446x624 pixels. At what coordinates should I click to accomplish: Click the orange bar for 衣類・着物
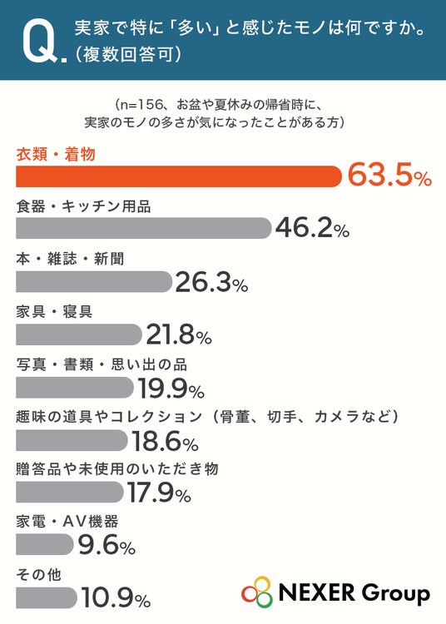(x=179, y=176)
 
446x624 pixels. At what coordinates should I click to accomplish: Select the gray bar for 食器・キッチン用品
(x=144, y=229)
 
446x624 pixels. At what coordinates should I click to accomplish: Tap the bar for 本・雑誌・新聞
(x=94, y=282)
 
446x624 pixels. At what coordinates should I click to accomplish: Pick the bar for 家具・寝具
(x=79, y=334)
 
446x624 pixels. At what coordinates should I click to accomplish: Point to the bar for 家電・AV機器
(x=45, y=544)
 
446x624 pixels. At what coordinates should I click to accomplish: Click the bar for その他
(x=47, y=597)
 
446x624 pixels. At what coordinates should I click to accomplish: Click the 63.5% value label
(x=390, y=175)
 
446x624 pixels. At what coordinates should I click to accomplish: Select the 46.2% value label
(x=313, y=228)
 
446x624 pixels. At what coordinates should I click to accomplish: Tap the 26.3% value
(x=211, y=282)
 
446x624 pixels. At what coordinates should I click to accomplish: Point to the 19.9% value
(x=171, y=388)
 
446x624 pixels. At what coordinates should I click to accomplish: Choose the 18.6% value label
(x=165, y=441)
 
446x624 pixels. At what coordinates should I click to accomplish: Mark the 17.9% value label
(x=159, y=493)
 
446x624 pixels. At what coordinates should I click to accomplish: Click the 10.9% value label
(x=116, y=597)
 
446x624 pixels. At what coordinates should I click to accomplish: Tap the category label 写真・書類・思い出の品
(x=102, y=364)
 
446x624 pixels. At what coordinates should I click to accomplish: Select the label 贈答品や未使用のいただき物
(x=117, y=468)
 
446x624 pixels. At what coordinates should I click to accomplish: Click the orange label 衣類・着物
(x=56, y=154)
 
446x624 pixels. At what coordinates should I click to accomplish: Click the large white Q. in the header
(x=44, y=41)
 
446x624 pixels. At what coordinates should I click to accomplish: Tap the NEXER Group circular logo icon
(x=257, y=592)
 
